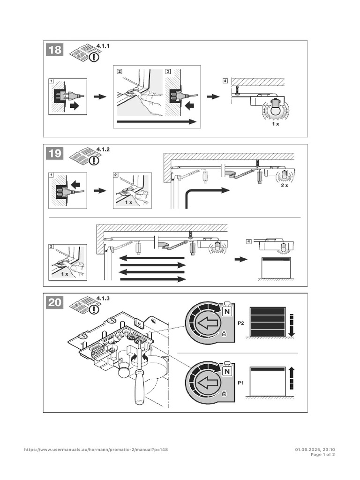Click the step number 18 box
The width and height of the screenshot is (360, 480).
tap(55, 50)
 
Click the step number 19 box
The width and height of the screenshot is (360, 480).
tap(55, 153)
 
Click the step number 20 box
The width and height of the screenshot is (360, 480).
tap(55, 302)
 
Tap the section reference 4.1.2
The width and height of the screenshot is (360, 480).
tap(102, 150)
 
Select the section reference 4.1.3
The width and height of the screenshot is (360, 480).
tap(102, 298)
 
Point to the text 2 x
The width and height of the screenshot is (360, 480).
tap(285, 186)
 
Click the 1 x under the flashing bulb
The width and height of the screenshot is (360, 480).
tap(276, 125)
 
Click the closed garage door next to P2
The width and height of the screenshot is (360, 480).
tap(268, 322)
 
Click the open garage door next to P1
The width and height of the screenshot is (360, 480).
tap(268, 382)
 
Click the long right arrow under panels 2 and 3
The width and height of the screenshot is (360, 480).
tap(156, 122)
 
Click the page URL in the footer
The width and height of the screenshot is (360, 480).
tap(96, 450)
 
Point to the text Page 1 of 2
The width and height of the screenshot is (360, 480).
tap(323, 455)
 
